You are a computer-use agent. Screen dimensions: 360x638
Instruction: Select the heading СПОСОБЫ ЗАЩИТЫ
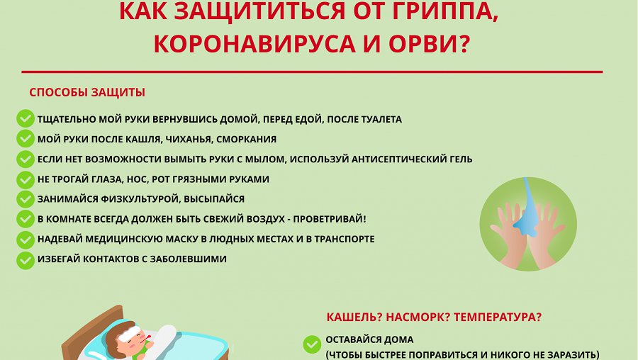[x=87, y=93]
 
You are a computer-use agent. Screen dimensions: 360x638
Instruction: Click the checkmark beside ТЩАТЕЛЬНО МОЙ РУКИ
[x=26, y=119]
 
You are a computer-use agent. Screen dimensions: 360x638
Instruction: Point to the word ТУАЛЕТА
[x=377, y=119]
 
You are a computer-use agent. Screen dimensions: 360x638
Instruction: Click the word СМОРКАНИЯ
[x=247, y=139]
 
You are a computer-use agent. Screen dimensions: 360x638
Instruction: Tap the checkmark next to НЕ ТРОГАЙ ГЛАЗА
[x=26, y=179]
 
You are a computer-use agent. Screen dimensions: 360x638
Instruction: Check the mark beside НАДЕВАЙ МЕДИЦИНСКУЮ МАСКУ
[x=26, y=240]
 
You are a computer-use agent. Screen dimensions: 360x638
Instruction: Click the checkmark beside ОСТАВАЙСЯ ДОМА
[x=311, y=345]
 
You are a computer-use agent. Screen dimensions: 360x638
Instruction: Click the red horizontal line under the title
[x=312, y=72]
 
